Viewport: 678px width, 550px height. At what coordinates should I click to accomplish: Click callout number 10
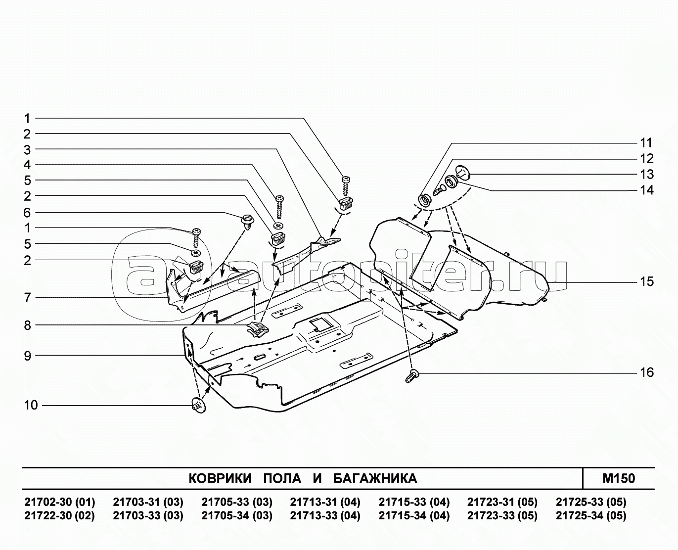click(31, 405)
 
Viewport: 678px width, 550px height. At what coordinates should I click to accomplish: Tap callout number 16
click(647, 372)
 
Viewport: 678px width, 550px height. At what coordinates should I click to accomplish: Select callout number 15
click(647, 282)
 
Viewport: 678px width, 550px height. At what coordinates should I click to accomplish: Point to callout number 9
click(28, 356)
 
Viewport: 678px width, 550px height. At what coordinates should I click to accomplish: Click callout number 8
click(28, 325)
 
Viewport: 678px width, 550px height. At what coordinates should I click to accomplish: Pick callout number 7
click(28, 298)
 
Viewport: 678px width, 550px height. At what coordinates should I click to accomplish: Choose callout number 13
click(647, 175)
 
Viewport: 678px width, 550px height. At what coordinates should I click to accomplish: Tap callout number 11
click(647, 143)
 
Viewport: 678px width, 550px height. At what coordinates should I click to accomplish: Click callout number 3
click(28, 149)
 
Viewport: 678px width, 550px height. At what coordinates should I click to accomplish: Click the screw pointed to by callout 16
click(412, 376)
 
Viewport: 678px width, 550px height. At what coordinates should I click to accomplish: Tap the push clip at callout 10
click(199, 406)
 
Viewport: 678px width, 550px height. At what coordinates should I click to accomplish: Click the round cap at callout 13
click(462, 172)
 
